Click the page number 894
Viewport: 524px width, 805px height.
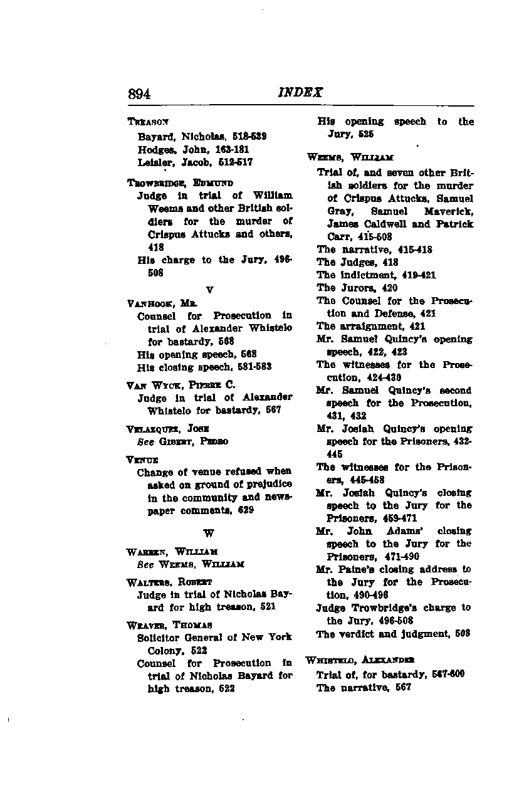click(x=139, y=95)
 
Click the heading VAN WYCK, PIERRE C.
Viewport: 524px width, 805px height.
click(x=181, y=384)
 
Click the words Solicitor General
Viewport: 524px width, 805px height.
click(x=176, y=637)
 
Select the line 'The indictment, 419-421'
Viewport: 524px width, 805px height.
click(x=376, y=275)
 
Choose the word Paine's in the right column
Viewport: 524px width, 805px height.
click(x=357, y=569)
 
